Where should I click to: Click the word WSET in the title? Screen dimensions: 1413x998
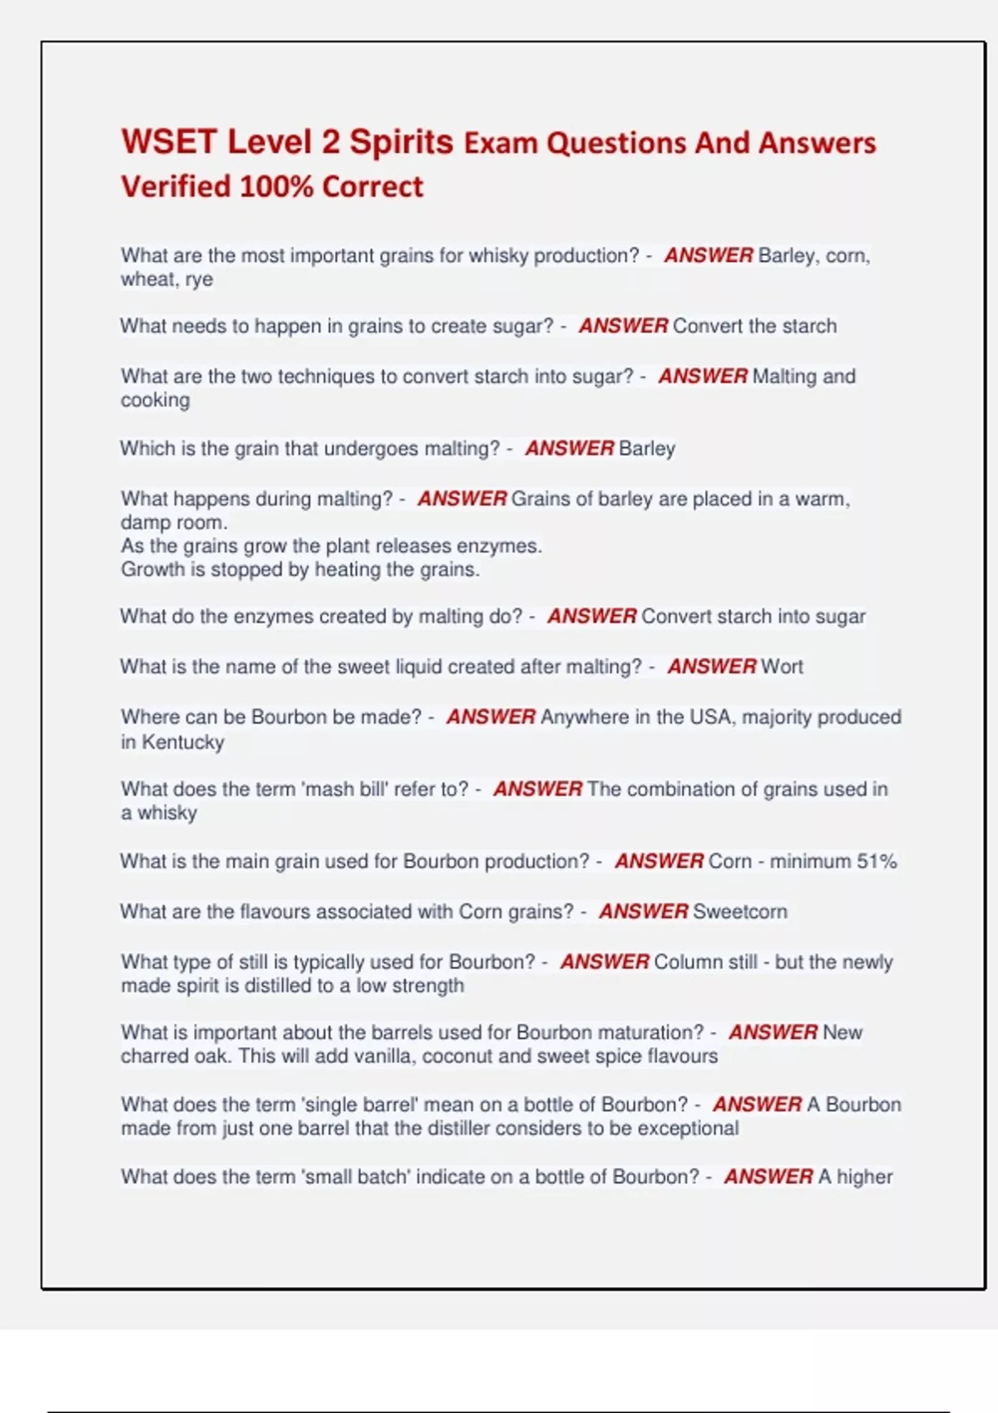[169, 142]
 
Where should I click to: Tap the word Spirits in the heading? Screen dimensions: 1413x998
[401, 142]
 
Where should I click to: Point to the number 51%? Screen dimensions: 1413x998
[877, 861]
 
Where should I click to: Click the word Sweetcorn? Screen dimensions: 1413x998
[739, 911]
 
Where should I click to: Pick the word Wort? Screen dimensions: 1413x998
[782, 667]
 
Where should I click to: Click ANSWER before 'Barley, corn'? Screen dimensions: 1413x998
[708, 255]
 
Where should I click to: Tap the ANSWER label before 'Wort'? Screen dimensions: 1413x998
[712, 667]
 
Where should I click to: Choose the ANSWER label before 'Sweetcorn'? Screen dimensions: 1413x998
[643, 911]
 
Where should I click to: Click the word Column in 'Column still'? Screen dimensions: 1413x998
[683, 962]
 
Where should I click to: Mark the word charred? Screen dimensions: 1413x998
[157, 1056]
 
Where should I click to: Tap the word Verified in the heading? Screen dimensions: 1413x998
[175, 186]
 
